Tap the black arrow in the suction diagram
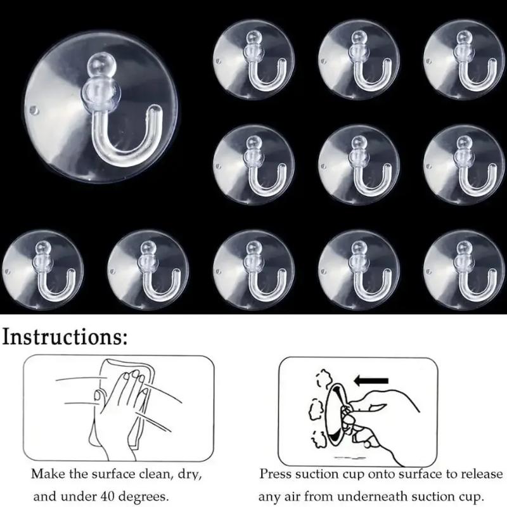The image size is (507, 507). point(371,381)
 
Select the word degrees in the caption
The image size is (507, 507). point(144,497)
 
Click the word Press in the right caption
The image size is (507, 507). point(274,474)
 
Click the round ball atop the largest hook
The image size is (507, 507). point(101,66)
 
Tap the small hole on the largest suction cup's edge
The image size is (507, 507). point(34,110)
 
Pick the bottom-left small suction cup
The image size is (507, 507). point(42,270)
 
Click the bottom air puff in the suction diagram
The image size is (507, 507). point(319,440)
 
